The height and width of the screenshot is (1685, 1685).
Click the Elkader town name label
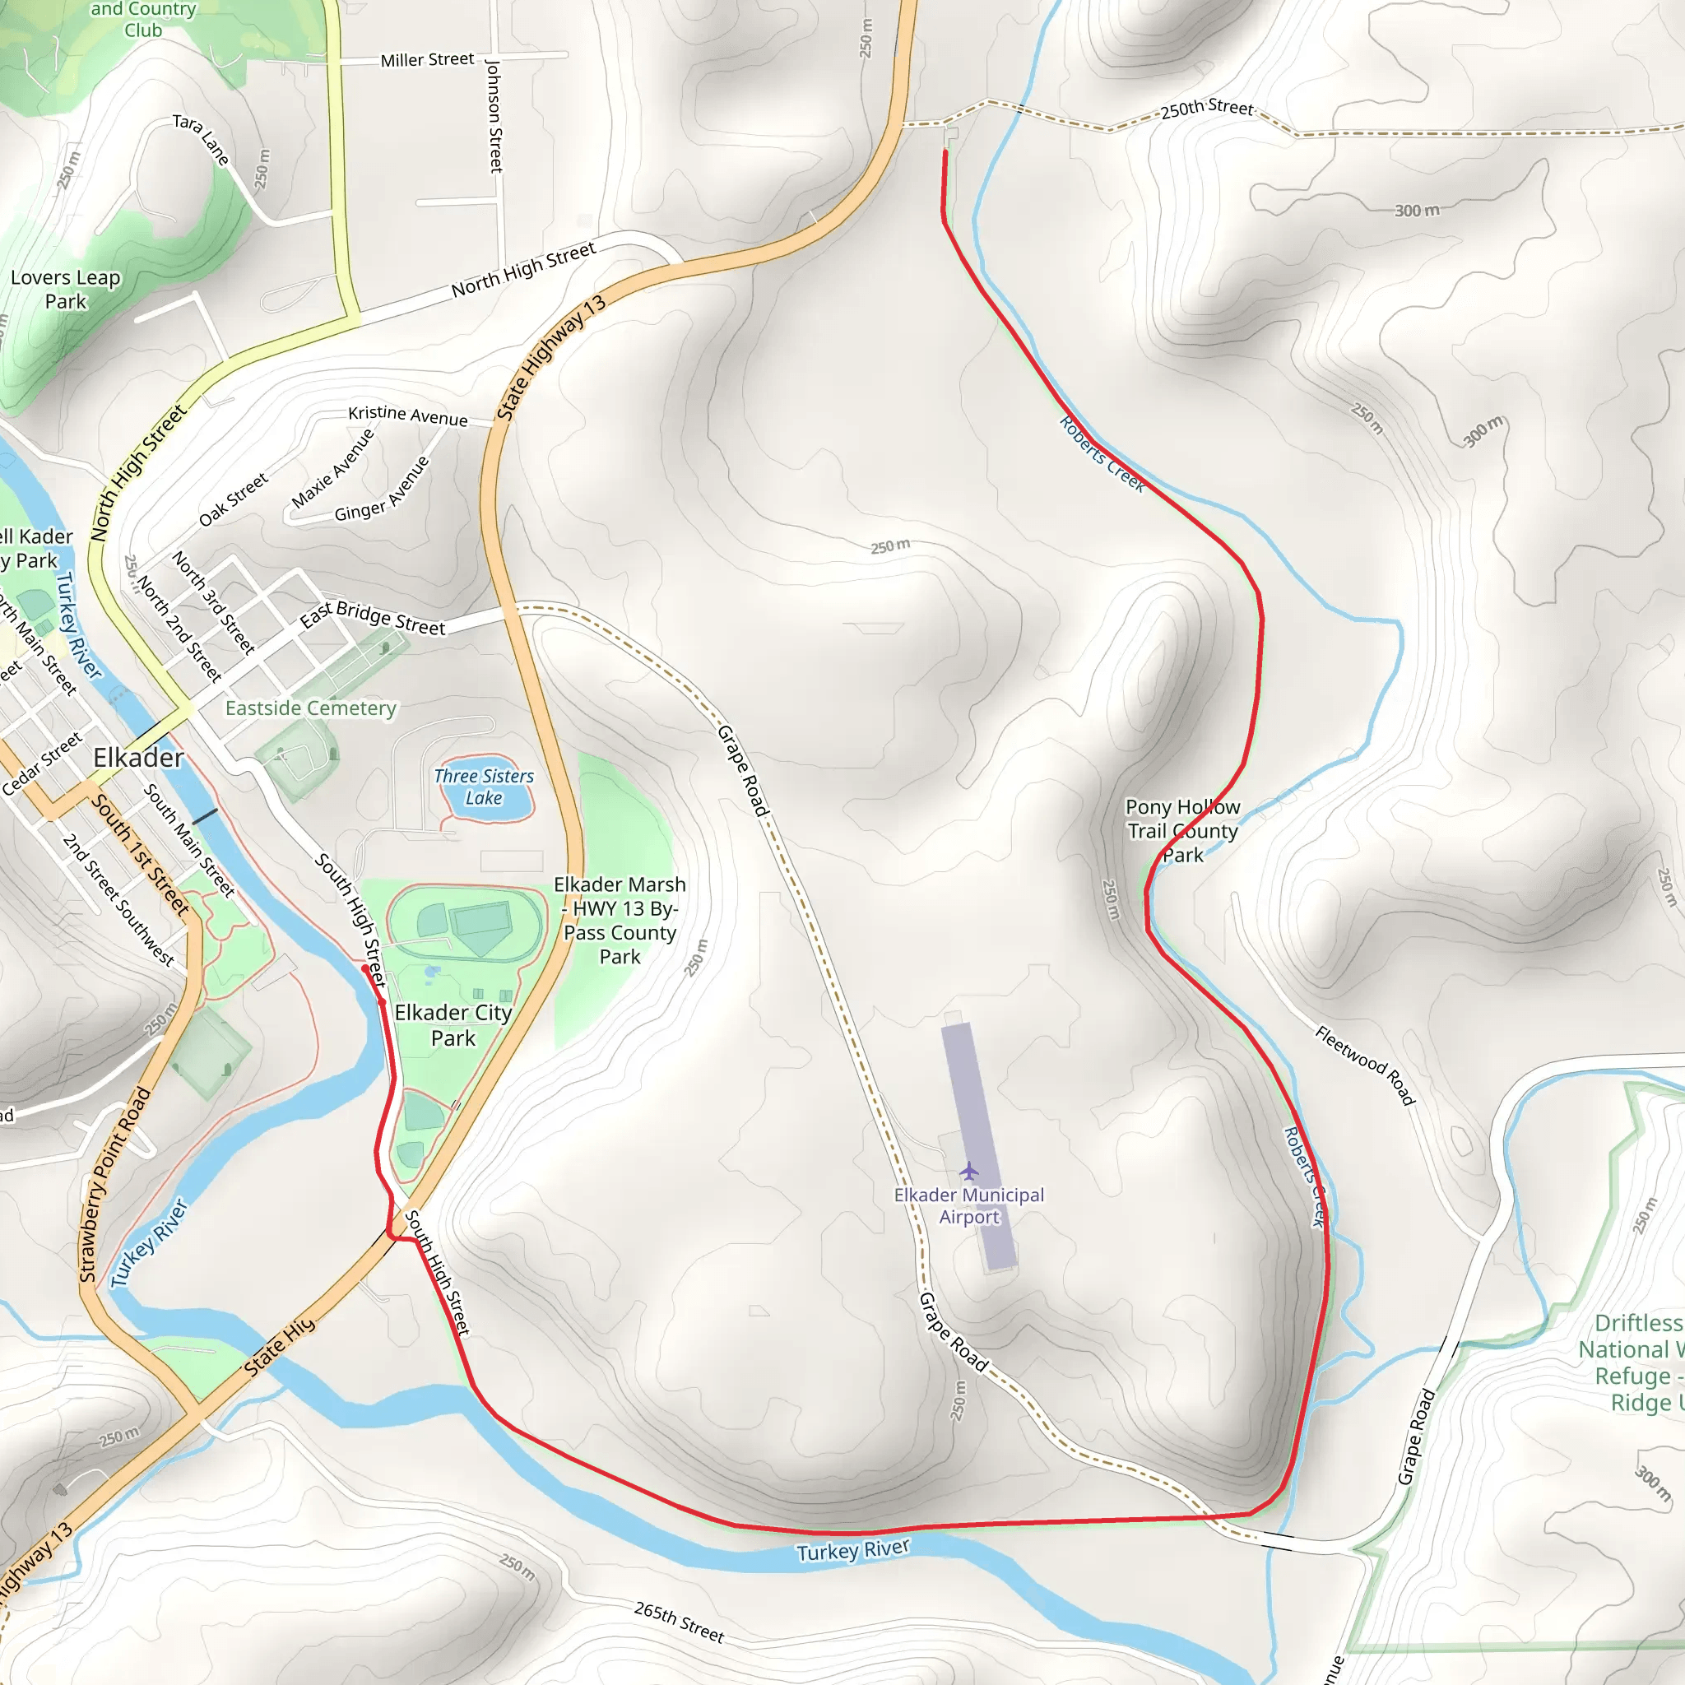137,758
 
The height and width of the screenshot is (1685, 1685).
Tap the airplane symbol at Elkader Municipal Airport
968,1171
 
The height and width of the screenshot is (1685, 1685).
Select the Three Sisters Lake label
484,787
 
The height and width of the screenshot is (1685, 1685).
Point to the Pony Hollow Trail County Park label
1181,830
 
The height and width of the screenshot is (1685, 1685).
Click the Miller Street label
426,60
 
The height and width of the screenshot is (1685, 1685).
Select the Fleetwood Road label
1365,1065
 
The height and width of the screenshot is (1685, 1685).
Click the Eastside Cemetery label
310,708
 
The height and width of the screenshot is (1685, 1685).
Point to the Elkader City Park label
453,1025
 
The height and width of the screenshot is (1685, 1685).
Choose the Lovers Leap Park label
66,290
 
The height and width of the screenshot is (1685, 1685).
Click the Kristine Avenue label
407,415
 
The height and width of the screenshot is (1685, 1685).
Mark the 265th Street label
679,1622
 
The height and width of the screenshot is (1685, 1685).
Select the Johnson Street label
494,116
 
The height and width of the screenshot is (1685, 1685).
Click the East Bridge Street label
373,618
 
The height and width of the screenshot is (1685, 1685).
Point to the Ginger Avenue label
382,490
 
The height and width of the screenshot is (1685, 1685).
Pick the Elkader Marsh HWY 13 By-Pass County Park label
620,920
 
